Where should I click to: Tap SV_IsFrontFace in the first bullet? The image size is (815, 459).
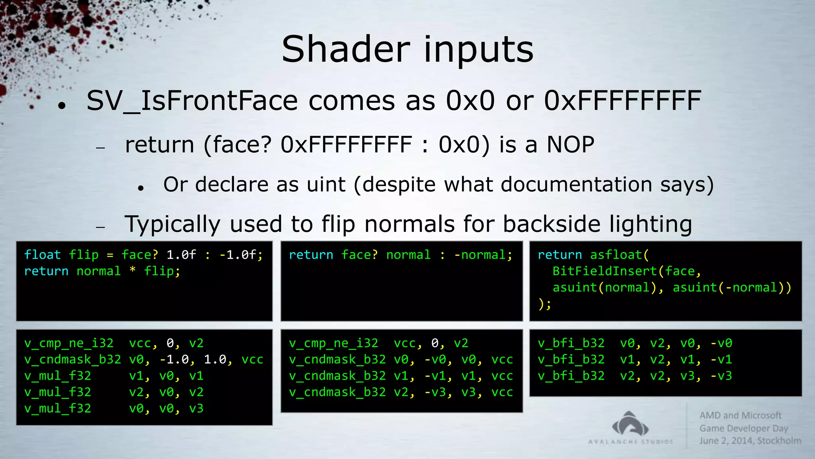pos(192,101)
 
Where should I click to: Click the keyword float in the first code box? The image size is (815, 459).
pos(42,255)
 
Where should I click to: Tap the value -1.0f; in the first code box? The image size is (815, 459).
pos(241,255)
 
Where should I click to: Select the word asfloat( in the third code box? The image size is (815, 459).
pos(619,255)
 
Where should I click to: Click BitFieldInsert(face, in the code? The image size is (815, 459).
pos(626,271)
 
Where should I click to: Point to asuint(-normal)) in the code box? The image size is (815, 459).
pos(731,287)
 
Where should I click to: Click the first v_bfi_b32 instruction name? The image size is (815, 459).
pos(571,343)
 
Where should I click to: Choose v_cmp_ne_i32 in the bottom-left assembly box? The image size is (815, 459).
pos(68,343)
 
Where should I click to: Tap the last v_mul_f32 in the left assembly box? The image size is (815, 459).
pos(57,408)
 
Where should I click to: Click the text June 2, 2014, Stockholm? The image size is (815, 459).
pos(750,441)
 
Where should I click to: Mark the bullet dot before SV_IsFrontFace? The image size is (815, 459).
pos(61,106)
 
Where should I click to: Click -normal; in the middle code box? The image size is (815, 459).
pos(483,255)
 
